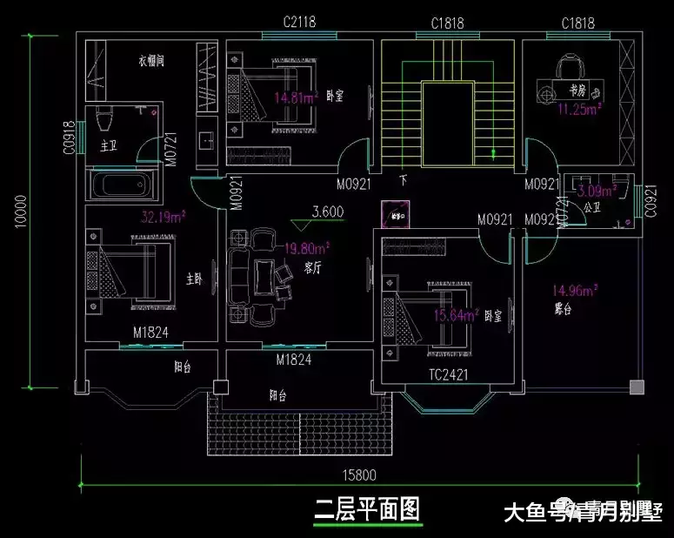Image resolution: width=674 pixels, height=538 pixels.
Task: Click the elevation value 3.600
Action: pos(328,211)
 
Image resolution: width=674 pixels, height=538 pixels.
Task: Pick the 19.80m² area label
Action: pos(306,249)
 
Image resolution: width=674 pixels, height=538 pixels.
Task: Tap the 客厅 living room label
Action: pos(312,268)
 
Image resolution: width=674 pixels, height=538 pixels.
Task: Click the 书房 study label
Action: pos(578,90)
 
